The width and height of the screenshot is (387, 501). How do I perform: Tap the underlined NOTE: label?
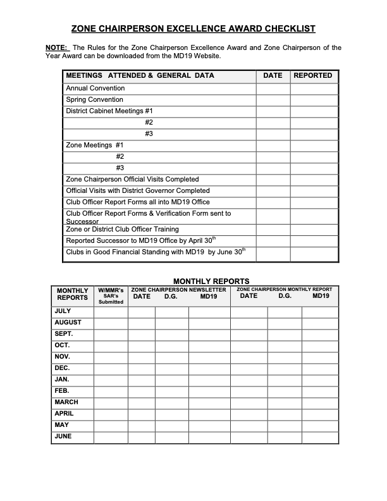pos(57,48)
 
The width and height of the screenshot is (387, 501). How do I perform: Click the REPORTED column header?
pos(312,75)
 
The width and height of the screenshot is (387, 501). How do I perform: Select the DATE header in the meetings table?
pos(273,75)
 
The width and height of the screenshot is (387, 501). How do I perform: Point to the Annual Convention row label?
pos(95,89)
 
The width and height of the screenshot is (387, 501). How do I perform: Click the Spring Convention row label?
pos(95,100)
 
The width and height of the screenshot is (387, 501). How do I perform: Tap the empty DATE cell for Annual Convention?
pos(273,89)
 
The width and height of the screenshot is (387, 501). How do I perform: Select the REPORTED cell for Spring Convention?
pos(314,100)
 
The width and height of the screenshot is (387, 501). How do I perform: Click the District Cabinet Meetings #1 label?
pos(109,111)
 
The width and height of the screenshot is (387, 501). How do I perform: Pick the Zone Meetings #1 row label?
pos(95,145)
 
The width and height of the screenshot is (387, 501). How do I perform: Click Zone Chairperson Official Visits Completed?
pos(132,180)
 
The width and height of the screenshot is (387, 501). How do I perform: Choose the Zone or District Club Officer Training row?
pos(122,230)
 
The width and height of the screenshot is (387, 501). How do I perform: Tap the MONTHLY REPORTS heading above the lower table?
pos(211,281)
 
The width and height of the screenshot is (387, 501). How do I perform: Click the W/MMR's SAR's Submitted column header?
pos(111,295)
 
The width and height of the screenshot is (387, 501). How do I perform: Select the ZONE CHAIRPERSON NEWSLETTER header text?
pos(178,290)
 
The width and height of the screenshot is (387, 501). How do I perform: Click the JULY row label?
pos(63,311)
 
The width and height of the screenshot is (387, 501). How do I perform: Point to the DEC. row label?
pos(63,368)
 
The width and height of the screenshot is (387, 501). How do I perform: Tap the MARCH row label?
pos(66,402)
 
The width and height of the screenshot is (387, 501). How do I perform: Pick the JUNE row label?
pos(63,436)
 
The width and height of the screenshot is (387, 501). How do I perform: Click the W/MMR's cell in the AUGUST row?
pos(111,323)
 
